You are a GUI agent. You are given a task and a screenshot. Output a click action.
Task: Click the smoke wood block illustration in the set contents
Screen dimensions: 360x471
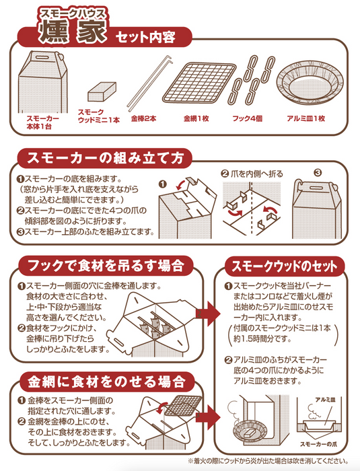[102, 92]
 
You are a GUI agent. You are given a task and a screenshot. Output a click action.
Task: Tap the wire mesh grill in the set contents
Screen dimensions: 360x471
[199, 83]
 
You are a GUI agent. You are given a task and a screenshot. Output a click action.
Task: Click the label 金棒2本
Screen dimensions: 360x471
[143, 118]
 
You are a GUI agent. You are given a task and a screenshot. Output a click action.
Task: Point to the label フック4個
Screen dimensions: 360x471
[248, 118]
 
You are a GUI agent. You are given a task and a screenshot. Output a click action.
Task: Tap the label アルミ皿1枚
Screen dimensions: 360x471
[306, 118]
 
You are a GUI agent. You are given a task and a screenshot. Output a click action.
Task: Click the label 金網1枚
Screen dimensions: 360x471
[196, 118]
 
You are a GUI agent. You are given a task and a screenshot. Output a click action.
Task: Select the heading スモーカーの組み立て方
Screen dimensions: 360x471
[105, 158]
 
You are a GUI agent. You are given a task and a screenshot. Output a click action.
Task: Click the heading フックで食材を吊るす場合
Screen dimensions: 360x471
[106, 266]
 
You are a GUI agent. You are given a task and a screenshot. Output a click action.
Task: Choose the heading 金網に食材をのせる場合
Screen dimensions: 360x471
[106, 382]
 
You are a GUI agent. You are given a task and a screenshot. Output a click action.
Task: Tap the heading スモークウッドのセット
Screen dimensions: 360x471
[284, 266]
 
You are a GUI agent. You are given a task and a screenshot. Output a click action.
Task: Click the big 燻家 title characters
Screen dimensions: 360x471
[73, 31]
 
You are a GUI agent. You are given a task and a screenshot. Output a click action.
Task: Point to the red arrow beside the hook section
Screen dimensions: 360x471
[208, 314]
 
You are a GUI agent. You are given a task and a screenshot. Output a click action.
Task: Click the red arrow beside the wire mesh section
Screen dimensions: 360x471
[208, 417]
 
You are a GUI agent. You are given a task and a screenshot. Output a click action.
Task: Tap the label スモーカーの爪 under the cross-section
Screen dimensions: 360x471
[318, 444]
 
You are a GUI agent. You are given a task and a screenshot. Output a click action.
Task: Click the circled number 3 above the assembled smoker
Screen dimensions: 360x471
[318, 173]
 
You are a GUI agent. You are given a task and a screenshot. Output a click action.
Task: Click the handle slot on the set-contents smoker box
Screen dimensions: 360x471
[40, 57]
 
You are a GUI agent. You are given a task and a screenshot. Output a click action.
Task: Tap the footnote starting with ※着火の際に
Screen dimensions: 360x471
[268, 461]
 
